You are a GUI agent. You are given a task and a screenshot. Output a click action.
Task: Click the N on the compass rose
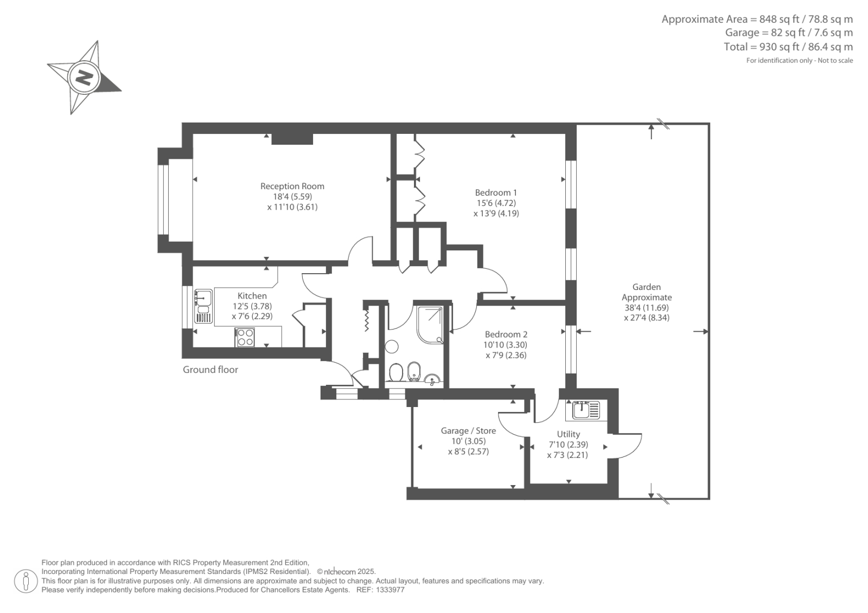[x=84, y=78]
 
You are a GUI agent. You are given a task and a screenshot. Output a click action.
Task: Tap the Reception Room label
[x=292, y=186]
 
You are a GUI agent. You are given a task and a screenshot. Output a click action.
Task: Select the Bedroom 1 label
[x=496, y=192]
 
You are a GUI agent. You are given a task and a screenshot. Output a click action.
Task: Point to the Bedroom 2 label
[x=506, y=334]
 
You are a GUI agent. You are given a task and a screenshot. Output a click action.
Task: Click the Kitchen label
[x=252, y=296]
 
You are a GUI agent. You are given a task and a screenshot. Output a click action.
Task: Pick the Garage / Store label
[x=468, y=431]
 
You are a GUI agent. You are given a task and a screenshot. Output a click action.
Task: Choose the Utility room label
[x=568, y=434]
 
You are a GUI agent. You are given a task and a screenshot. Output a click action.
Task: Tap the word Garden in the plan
[x=647, y=287]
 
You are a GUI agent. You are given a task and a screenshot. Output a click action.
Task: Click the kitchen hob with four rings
[x=245, y=338]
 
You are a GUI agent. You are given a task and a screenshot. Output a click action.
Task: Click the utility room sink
[x=583, y=410]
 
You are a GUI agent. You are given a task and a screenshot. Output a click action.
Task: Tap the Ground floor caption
[x=210, y=370]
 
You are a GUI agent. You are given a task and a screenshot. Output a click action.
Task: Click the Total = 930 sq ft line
[x=788, y=47]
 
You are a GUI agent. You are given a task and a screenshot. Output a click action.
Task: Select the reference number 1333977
[x=388, y=590]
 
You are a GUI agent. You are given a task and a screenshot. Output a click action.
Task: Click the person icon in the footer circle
[x=25, y=581]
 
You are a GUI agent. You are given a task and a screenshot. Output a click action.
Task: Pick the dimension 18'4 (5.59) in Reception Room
[x=292, y=197]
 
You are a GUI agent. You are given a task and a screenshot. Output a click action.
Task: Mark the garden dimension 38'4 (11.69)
[x=647, y=307]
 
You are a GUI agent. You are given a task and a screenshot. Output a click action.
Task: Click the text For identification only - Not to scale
[x=799, y=61]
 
